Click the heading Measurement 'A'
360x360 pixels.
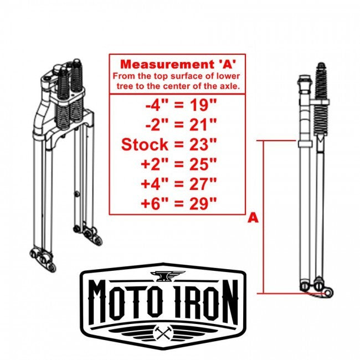point(177,63)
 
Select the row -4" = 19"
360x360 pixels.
point(177,104)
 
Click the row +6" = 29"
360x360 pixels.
point(177,203)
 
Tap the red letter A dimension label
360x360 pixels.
point(253,218)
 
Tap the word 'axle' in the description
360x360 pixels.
point(229,86)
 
